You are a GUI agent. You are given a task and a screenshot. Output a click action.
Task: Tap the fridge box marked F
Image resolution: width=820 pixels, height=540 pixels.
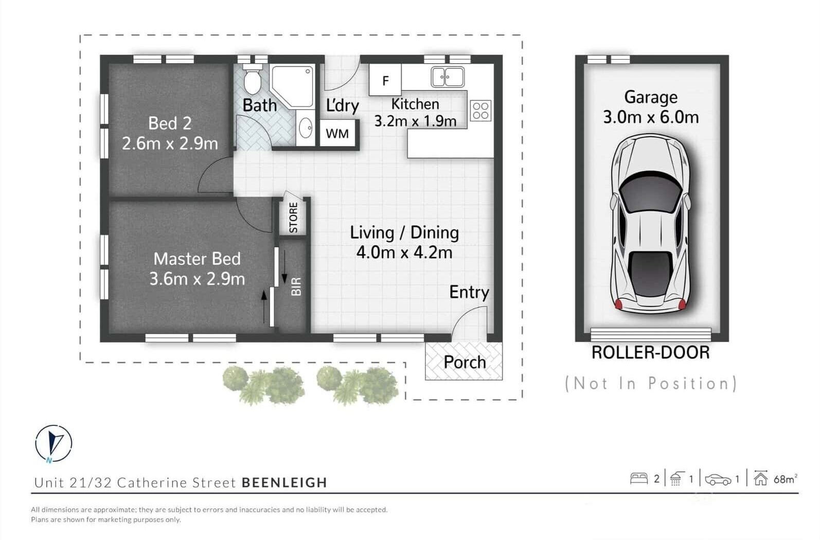(x=385, y=80)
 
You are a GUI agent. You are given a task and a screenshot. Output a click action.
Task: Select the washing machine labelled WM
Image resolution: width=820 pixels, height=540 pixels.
(x=337, y=134)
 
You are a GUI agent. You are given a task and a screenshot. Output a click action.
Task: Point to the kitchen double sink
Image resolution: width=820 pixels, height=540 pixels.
(x=448, y=77)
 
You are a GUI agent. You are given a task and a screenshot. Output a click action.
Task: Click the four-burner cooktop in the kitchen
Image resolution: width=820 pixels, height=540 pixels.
(x=480, y=111)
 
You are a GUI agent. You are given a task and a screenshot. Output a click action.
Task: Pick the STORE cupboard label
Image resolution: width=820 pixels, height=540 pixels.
(x=293, y=218)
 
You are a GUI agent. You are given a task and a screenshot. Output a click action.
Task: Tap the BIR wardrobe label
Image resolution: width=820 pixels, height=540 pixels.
(x=296, y=286)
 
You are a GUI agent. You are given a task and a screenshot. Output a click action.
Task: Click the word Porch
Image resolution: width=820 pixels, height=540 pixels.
(x=465, y=362)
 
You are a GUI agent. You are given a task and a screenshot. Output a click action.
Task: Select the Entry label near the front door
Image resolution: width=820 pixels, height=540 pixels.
(x=469, y=292)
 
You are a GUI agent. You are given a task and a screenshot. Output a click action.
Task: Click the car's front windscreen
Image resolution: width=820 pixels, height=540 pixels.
(x=651, y=192)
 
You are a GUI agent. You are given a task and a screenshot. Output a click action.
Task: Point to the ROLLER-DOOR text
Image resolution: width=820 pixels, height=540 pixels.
(x=651, y=352)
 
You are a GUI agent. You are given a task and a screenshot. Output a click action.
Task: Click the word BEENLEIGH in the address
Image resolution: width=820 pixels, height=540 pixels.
(x=284, y=482)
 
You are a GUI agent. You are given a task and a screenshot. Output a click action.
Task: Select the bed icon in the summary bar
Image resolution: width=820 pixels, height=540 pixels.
(x=639, y=478)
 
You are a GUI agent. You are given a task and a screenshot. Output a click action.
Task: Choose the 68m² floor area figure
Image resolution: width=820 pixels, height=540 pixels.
(x=786, y=478)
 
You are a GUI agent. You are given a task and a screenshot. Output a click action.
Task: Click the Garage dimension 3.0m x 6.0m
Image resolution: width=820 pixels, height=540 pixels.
(x=651, y=117)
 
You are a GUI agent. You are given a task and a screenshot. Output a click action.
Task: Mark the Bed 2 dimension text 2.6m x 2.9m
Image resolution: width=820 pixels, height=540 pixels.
(x=170, y=143)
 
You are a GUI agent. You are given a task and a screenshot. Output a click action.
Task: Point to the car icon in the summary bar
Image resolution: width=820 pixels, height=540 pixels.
(x=718, y=480)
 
